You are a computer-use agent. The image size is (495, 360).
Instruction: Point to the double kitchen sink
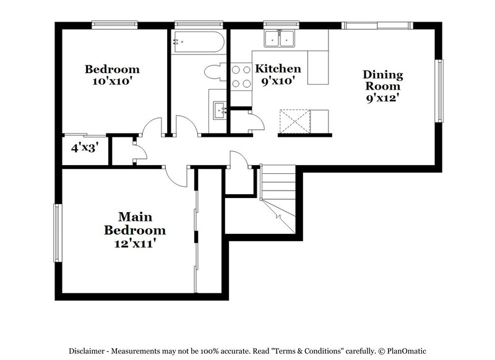coord(280,39)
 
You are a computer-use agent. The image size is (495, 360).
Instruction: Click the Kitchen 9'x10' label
coord(278,74)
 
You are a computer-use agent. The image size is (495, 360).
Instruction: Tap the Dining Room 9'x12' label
coord(382,86)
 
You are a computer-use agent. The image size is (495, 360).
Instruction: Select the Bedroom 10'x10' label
coord(112,75)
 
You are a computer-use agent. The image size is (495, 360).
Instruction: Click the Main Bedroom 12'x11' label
coord(134,230)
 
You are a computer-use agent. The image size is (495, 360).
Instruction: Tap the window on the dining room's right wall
coord(441,91)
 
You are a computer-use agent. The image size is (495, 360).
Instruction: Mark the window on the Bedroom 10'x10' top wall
coord(114,25)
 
